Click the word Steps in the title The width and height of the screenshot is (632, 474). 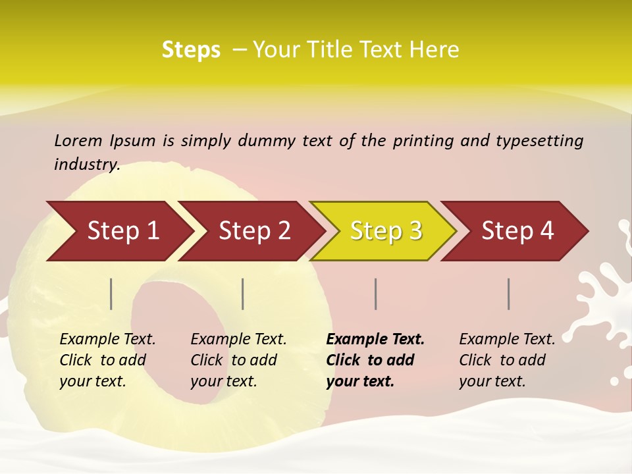coord(191,50)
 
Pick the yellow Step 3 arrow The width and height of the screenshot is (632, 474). coord(384,231)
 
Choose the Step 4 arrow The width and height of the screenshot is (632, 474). coord(516,231)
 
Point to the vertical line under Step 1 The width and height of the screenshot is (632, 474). coord(111,294)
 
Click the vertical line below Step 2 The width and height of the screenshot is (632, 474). coord(243,294)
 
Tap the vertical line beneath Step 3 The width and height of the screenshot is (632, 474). coord(375,294)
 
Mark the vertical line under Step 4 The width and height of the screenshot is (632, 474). coord(508,294)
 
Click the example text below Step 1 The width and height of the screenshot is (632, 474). coord(107,360)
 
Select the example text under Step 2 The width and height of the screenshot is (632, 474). coord(238,360)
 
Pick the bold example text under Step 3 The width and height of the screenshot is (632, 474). coord(375,360)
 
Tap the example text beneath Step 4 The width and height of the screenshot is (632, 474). coord(506,360)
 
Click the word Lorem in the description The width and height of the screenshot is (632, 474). coord(78,141)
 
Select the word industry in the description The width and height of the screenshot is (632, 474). coord(86,165)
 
